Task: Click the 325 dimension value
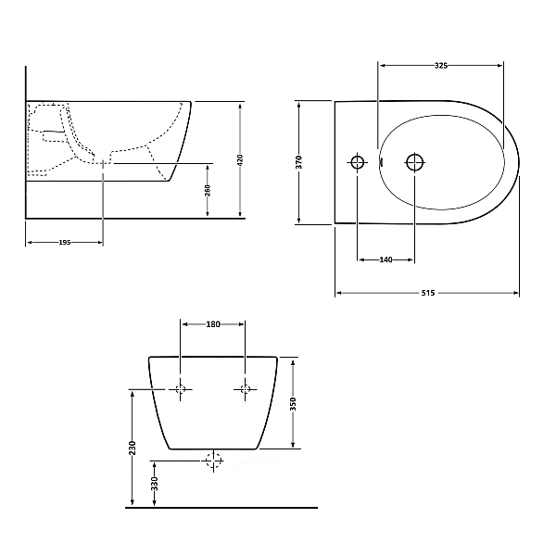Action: coord(441,66)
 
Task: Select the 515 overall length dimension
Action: coord(428,293)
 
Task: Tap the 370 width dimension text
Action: coord(299,162)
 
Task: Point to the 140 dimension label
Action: coord(385,259)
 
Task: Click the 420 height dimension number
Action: coord(240,160)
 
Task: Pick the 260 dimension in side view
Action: coord(208,190)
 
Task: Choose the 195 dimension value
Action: coord(65,242)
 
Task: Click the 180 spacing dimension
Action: coord(213,324)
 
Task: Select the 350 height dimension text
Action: coord(293,404)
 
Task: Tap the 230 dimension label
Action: coord(133,449)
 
